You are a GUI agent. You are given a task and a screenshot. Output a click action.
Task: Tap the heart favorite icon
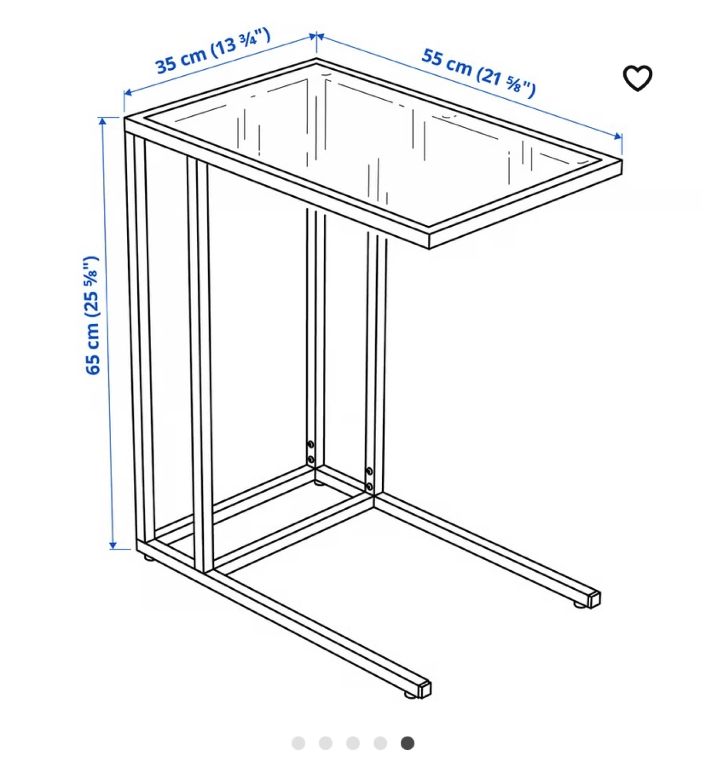point(637,78)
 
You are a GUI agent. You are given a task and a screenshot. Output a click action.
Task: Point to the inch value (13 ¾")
point(241,43)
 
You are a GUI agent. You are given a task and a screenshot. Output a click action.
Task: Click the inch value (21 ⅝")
point(505,83)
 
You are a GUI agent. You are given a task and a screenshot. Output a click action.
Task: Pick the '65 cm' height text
point(92,348)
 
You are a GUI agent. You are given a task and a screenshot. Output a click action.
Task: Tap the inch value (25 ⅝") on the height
point(92,287)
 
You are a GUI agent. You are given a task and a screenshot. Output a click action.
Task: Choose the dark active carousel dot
point(407,743)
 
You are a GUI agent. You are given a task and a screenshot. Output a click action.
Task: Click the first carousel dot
point(298,743)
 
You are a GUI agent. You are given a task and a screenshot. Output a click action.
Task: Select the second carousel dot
point(326,743)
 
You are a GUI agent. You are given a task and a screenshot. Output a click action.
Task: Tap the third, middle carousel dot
point(353,743)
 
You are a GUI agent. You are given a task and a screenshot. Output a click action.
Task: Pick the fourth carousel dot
point(380,743)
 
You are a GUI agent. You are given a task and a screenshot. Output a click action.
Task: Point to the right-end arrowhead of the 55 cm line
point(618,137)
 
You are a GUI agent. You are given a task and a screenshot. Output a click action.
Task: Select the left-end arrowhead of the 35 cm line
point(128,92)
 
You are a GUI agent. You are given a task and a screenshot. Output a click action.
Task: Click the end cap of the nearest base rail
point(425,690)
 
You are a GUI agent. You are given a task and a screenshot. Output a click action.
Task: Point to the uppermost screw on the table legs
point(311,444)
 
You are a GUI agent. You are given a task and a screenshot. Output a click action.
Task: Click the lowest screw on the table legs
point(369,486)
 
